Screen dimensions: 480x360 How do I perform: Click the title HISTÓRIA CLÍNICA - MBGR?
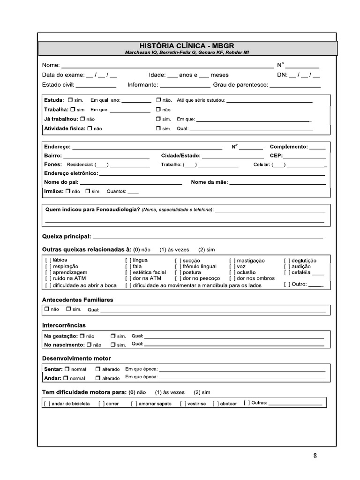[x=187, y=45]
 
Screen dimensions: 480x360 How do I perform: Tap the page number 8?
[x=315, y=455]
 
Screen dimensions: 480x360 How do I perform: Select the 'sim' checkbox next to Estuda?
[x=70, y=100]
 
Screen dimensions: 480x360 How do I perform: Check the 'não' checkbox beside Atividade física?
[x=90, y=128]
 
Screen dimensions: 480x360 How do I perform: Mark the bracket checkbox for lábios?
[x=48, y=260]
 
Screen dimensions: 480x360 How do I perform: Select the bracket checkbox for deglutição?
[x=287, y=260]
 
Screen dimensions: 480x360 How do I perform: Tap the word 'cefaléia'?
[x=301, y=272]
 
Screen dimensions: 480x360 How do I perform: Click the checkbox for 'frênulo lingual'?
[x=178, y=266]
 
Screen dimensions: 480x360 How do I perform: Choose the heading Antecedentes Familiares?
[x=77, y=300]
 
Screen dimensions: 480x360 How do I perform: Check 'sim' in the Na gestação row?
[x=113, y=336]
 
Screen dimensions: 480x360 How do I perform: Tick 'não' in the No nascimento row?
[x=90, y=345]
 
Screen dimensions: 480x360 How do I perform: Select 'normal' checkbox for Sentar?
[x=67, y=369]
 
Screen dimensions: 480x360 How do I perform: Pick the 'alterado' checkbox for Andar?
[x=98, y=378]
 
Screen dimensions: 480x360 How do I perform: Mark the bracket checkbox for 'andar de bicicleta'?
[x=47, y=404]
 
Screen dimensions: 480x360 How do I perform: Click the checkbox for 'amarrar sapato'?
[x=134, y=404]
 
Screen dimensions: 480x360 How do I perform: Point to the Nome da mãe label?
[x=210, y=182]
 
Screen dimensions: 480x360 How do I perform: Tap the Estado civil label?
[x=58, y=85]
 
